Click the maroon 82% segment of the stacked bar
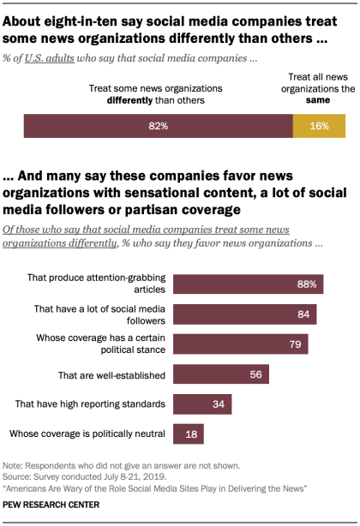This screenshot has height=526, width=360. tap(159, 126)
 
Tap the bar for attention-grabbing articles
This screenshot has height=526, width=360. tap(248, 284)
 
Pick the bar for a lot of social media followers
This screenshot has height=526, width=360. tap(244, 314)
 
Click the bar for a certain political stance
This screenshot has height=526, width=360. tap(240, 344)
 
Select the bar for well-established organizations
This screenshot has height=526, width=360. tap(221, 374)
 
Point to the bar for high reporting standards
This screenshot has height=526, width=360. tap(202, 404)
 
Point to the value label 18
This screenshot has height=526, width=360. tap(192, 434)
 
